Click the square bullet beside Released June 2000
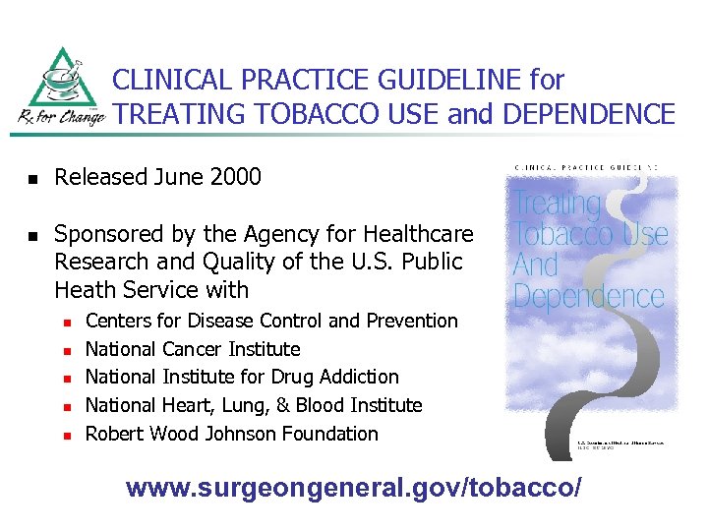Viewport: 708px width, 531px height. click(x=31, y=179)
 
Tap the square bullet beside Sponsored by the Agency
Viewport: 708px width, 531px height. click(x=31, y=236)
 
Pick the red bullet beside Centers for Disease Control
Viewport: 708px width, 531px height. click(x=68, y=322)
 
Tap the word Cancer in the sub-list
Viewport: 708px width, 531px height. click(x=191, y=349)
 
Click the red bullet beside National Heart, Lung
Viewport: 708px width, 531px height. click(x=68, y=406)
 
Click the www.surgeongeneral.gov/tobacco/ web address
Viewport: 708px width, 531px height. click(x=354, y=487)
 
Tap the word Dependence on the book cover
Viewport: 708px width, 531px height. click(x=589, y=296)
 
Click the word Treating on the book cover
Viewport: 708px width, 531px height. click(x=558, y=204)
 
